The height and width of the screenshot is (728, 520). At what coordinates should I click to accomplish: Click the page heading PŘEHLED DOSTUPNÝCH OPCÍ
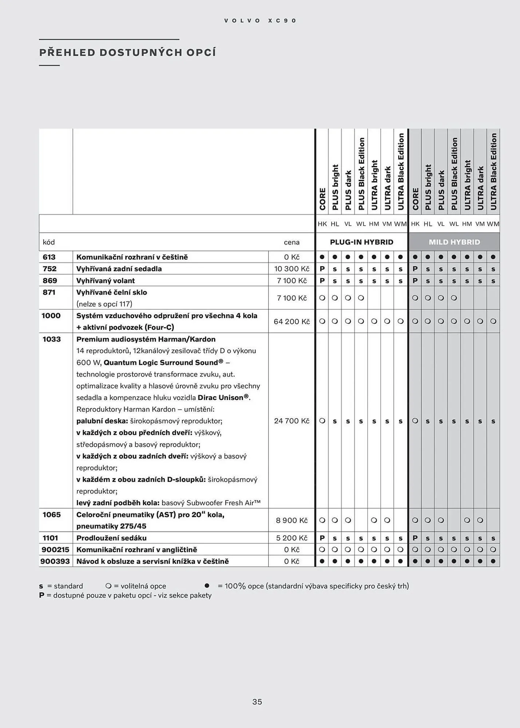(x=127, y=52)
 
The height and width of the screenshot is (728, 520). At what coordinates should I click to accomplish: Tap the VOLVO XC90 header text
(x=260, y=21)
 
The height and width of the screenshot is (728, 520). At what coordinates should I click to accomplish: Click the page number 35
(x=257, y=702)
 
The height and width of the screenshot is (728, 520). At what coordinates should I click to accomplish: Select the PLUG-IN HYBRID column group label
(x=361, y=242)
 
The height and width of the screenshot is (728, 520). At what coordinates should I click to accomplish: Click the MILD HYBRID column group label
(x=454, y=242)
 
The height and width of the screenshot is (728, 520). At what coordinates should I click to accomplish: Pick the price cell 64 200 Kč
(x=291, y=321)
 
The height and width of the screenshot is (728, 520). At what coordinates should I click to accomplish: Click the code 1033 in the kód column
(x=52, y=339)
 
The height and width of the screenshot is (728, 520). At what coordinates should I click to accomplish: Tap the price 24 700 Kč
(x=291, y=421)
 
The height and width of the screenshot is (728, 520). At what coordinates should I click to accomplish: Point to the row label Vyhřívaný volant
(x=106, y=281)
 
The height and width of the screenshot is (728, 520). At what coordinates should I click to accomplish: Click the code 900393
(x=55, y=561)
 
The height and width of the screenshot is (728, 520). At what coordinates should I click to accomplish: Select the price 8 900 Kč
(x=291, y=520)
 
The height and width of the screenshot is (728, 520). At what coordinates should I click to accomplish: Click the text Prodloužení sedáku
(x=111, y=538)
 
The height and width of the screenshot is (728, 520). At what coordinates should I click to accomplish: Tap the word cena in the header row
(x=291, y=242)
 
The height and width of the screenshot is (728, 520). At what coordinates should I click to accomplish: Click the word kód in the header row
(x=49, y=242)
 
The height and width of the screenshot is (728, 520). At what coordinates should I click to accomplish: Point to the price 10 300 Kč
(x=291, y=269)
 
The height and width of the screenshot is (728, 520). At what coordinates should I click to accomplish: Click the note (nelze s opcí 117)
(x=104, y=304)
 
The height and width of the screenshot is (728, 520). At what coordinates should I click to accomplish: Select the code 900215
(x=55, y=550)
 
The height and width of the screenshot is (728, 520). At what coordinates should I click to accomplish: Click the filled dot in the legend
(x=207, y=586)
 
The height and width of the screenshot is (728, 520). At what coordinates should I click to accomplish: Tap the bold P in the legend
(x=41, y=595)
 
